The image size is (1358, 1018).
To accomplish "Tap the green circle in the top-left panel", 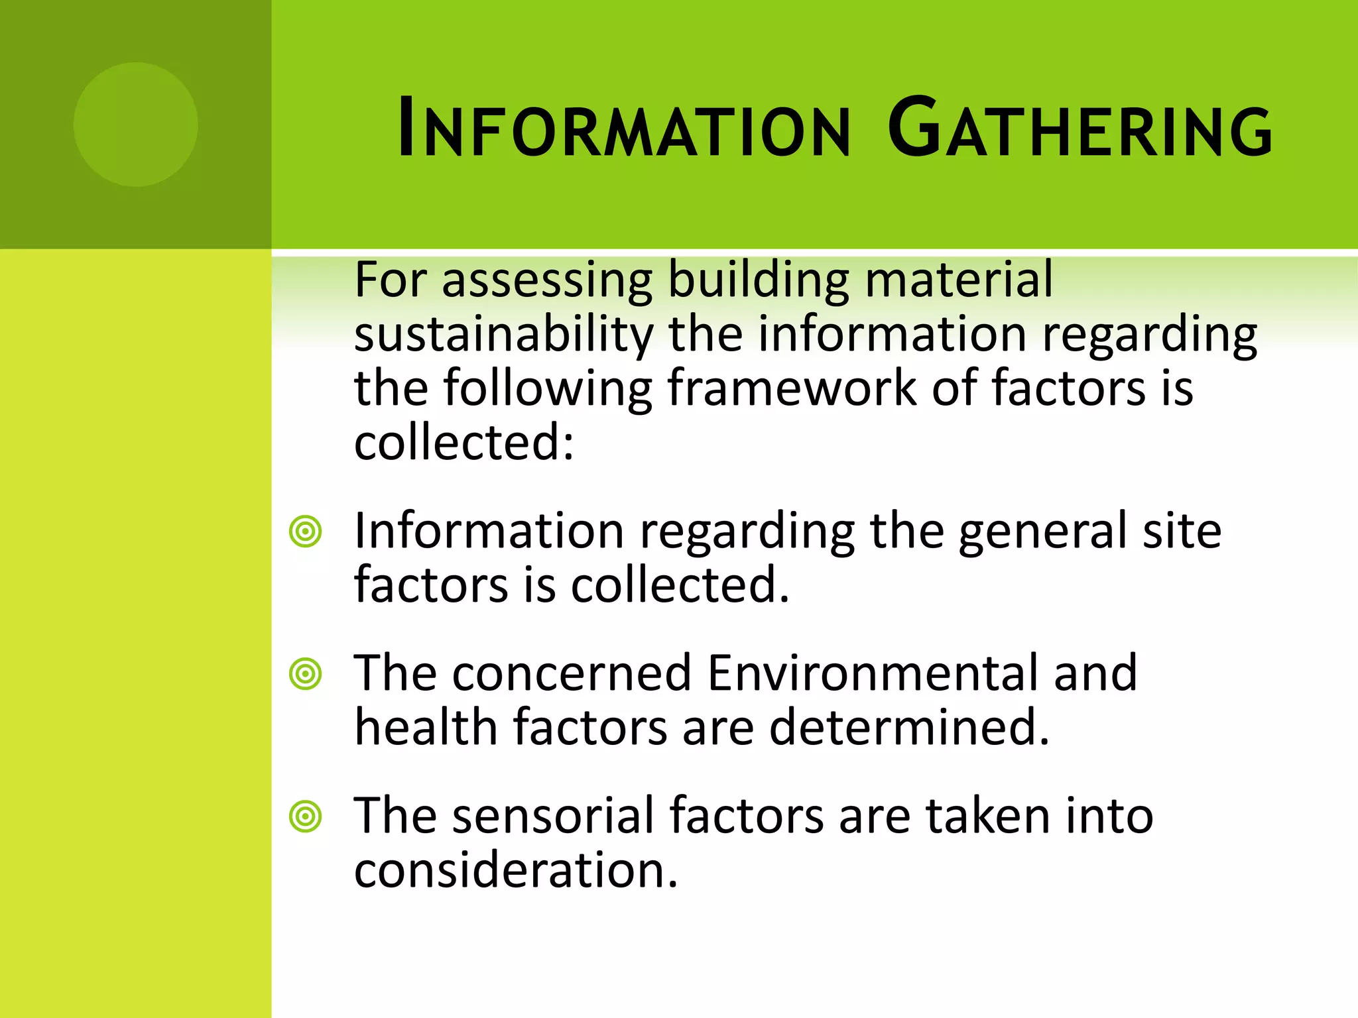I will pos(135,125).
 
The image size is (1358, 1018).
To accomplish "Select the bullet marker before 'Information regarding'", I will pos(306,531).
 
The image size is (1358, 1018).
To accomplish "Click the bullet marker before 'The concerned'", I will pos(306,674).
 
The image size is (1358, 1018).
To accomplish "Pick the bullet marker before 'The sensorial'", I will pos(306,817).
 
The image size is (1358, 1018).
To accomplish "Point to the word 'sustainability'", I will pos(504,335).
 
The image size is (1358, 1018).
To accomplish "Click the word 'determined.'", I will pos(909,728).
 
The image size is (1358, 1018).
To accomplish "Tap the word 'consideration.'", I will pos(516,870).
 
